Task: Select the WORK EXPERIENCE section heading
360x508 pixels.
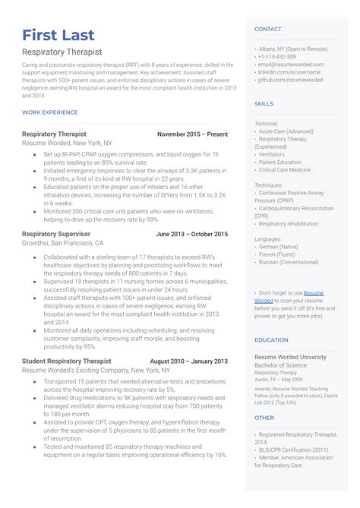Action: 50,112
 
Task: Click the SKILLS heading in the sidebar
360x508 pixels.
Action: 264,103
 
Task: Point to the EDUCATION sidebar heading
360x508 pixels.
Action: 271,340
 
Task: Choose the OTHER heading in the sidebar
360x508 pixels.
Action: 264,418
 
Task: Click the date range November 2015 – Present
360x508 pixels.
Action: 192,134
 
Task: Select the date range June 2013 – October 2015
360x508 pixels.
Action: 191,234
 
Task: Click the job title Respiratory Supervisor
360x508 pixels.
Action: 56,234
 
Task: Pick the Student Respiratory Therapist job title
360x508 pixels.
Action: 67,361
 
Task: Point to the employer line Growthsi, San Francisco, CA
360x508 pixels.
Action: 63,243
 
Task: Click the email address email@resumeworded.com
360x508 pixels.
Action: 291,65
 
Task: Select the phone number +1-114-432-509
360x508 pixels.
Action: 277,57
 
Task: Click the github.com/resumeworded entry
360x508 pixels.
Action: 290,79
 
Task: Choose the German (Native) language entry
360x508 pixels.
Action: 279,247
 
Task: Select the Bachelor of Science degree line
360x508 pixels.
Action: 279,366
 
